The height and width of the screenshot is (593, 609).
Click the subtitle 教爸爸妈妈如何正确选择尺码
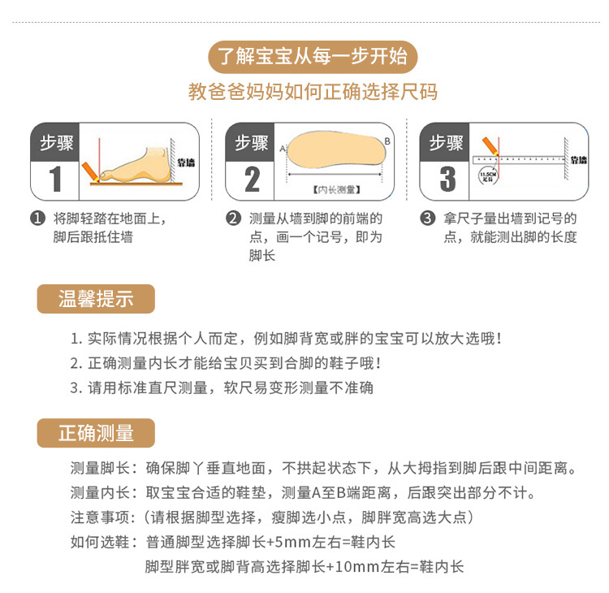pos(313,92)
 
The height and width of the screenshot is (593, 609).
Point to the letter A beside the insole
pos(282,149)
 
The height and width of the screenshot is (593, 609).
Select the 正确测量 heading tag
pos(96,432)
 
